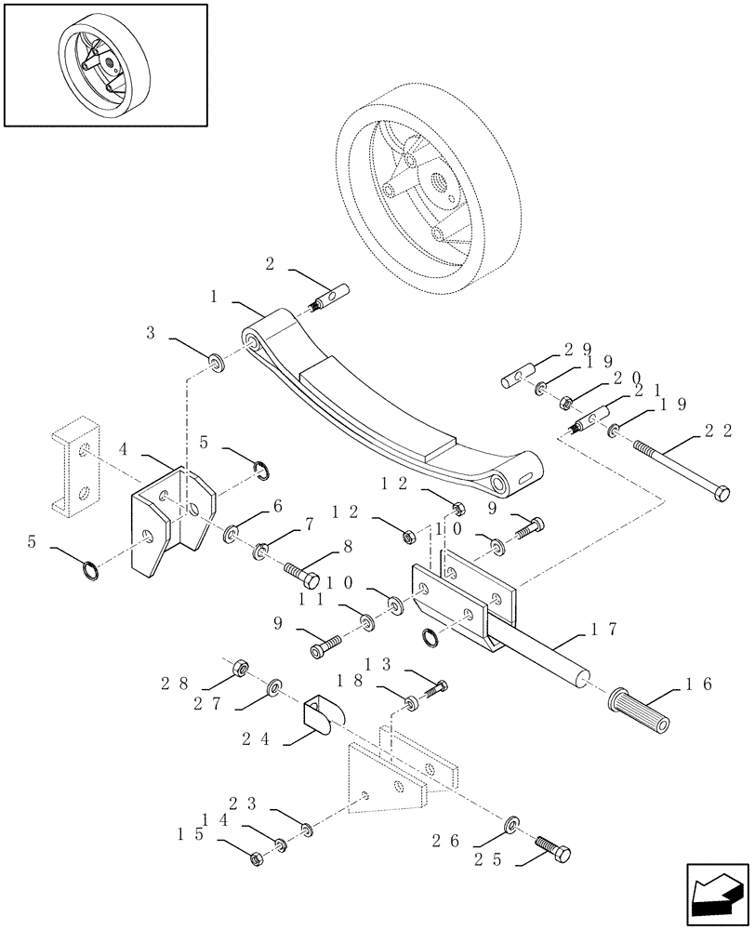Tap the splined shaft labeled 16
tap(639, 709)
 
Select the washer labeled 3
tap(215, 359)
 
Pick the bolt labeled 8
tap(294, 567)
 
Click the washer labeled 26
tap(511, 824)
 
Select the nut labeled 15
tap(258, 859)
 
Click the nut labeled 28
tap(239, 667)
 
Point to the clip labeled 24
tap(320, 711)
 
